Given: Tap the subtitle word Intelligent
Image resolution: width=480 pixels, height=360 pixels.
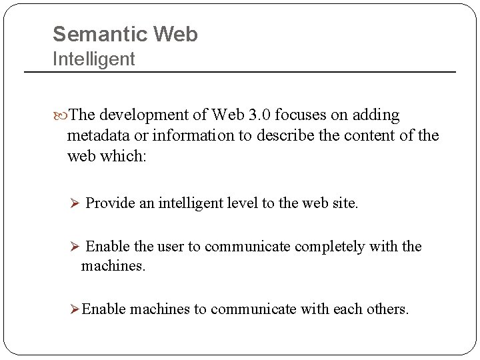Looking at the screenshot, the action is (93, 59).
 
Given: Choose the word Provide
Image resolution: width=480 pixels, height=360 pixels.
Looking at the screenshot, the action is (111, 203).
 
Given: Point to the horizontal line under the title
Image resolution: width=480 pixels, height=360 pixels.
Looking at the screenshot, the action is (240, 71).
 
